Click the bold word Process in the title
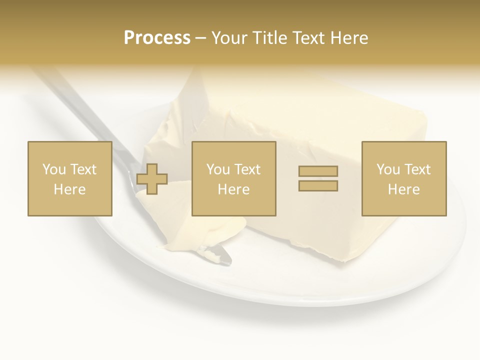157,38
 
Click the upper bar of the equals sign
318,171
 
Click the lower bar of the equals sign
318,185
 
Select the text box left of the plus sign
70,178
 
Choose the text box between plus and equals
234,178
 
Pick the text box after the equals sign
404,178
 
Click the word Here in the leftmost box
70,189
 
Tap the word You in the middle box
218,169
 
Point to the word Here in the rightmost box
404,189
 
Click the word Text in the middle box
248,169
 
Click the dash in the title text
201,38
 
